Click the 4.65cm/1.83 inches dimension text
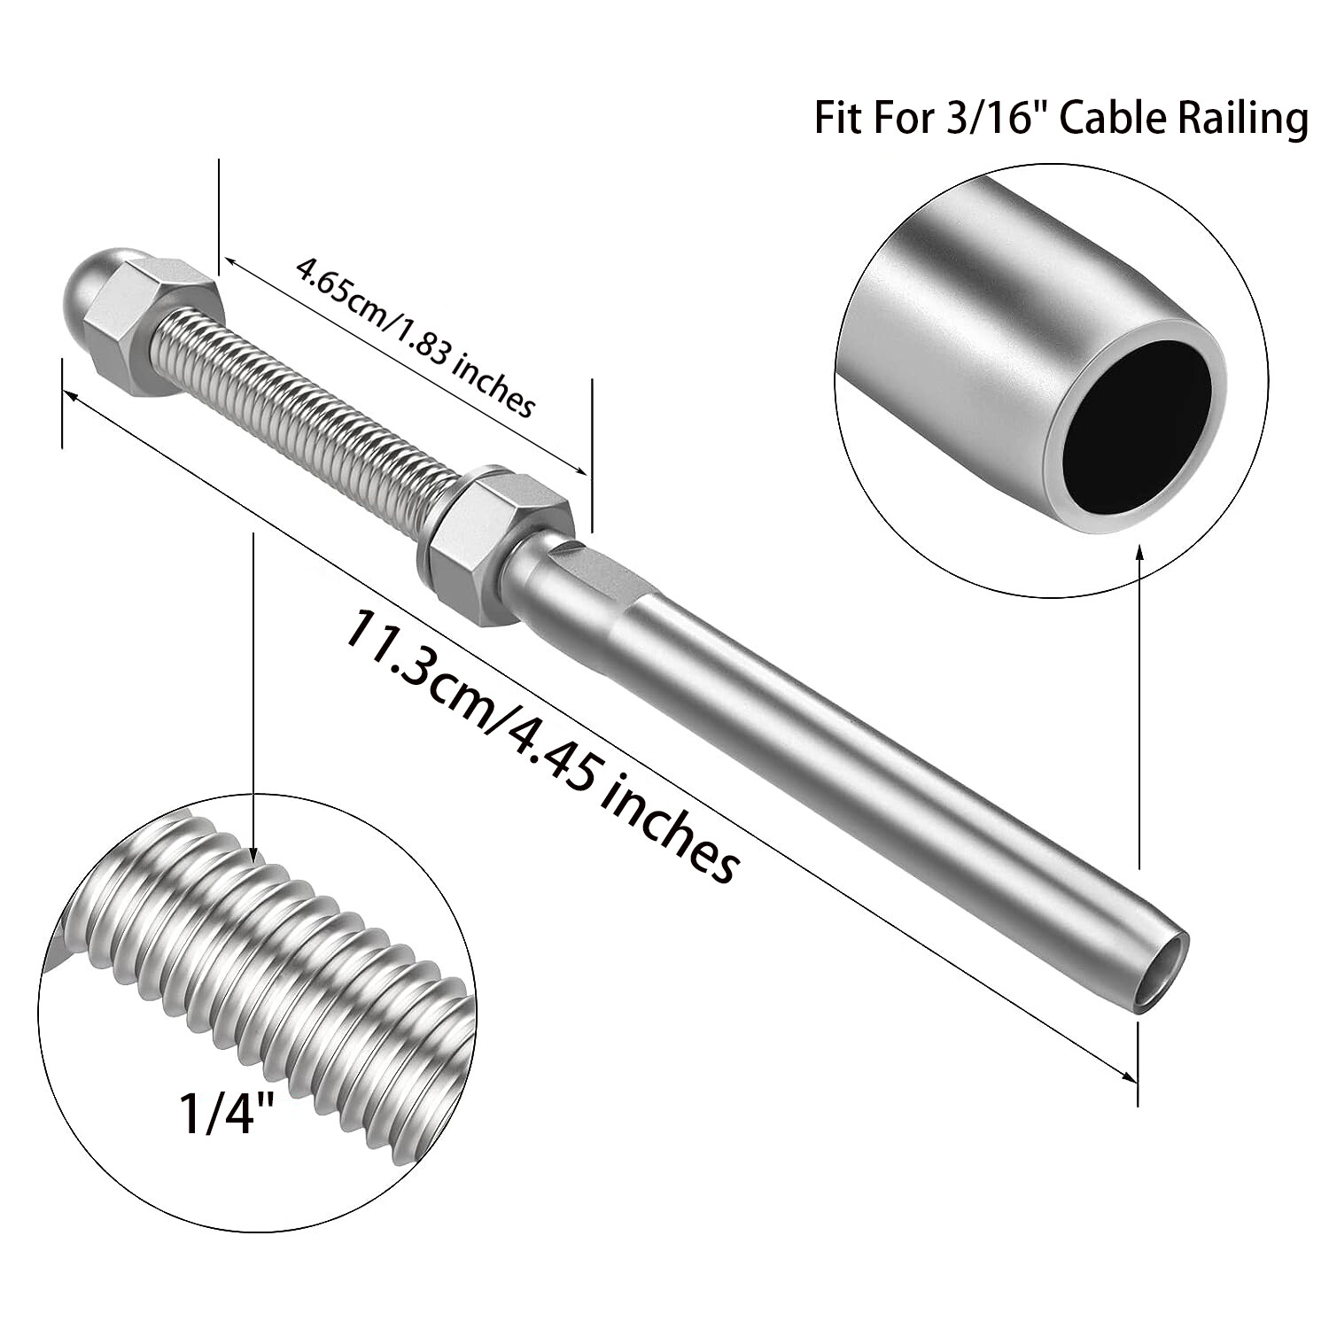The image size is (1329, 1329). [x=416, y=337]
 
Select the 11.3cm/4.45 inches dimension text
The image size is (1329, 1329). [x=540, y=744]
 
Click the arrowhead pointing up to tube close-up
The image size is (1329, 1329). [x=1139, y=554]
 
